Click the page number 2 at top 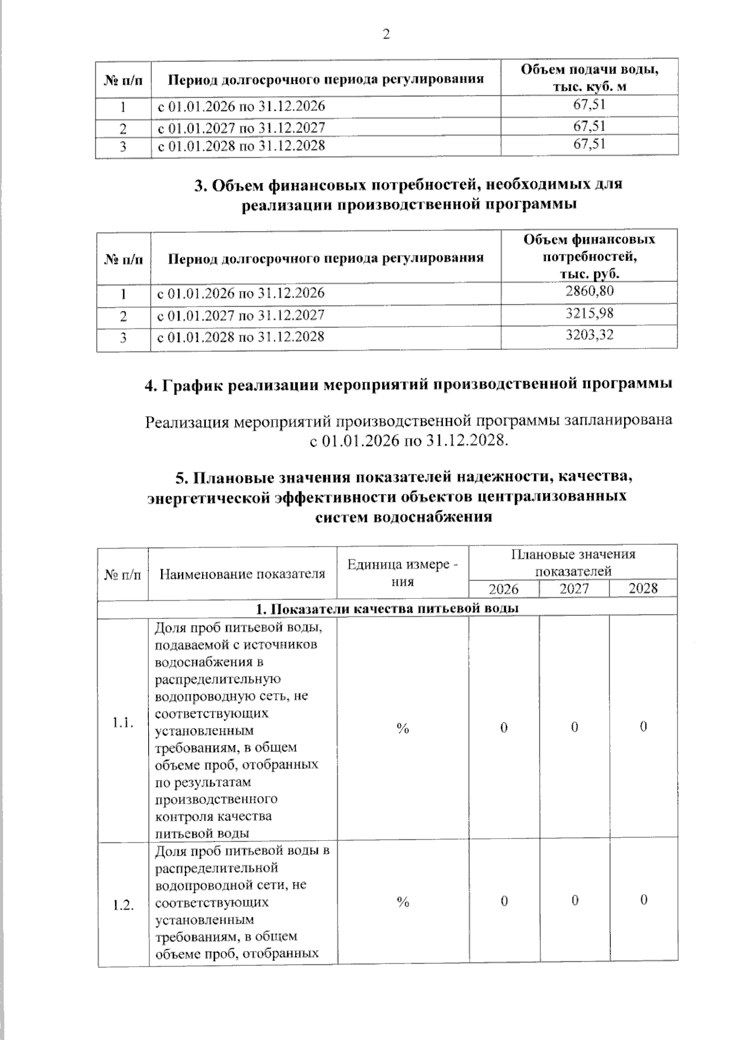tap(386, 35)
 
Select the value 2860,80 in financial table tap(589, 291)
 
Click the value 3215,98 tap(589, 314)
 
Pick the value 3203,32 tap(589, 335)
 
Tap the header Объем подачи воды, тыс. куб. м tap(589, 77)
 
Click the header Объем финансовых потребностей tap(589, 256)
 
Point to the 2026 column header tap(503, 589)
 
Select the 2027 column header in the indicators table tap(574, 589)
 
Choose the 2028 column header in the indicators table tap(643, 588)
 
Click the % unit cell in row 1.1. tap(402, 727)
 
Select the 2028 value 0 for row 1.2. tap(644, 900)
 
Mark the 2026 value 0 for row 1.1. tap(503, 727)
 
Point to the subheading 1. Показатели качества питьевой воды tap(387, 608)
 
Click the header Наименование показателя tap(242, 574)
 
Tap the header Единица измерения tap(402, 572)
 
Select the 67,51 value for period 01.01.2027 tap(589, 126)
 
